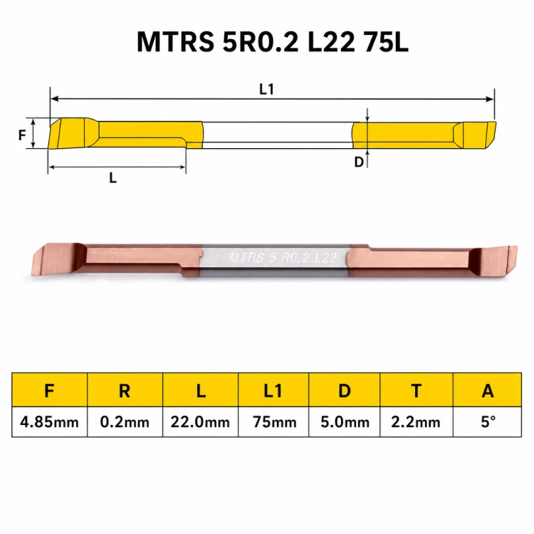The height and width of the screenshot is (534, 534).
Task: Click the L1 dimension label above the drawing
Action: click(x=266, y=90)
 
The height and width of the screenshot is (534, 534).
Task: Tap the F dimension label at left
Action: click(x=22, y=135)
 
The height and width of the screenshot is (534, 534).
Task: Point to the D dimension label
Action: click(x=359, y=162)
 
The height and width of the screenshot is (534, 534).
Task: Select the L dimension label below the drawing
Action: click(x=113, y=177)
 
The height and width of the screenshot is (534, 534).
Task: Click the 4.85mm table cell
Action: click(x=49, y=422)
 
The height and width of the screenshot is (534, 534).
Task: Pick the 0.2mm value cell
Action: click(x=125, y=422)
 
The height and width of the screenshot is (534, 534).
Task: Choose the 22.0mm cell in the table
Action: click(x=200, y=422)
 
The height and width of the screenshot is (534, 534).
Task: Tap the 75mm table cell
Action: click(x=273, y=422)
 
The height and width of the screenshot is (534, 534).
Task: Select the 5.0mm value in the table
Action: click(x=345, y=422)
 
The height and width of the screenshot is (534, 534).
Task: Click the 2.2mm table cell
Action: click(x=417, y=422)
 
